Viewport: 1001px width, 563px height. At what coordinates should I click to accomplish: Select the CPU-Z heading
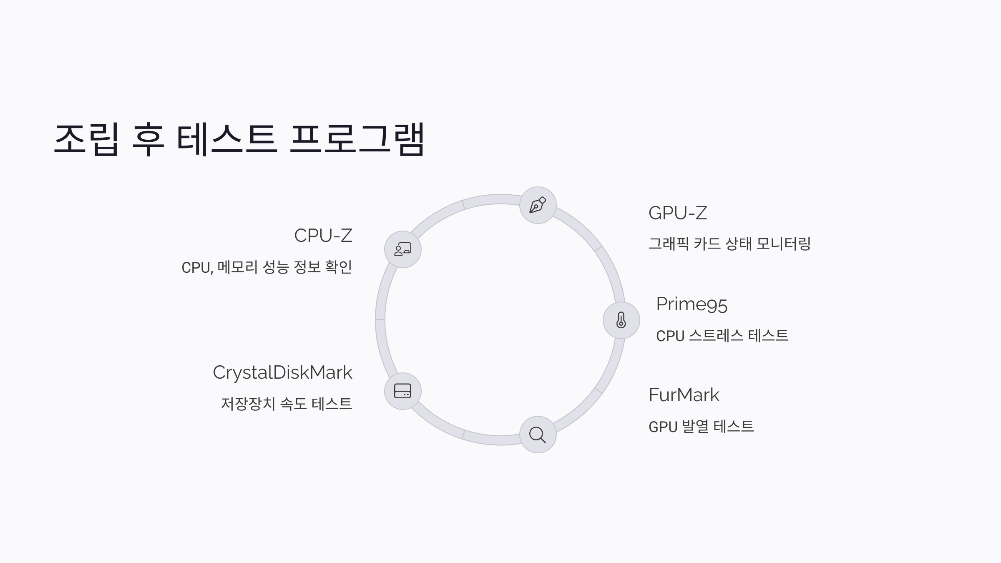pyautogui.click(x=323, y=236)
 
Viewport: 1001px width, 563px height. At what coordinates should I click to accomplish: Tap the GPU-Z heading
pyautogui.click(x=678, y=213)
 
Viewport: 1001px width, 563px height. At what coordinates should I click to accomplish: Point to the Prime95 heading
pyautogui.click(x=692, y=304)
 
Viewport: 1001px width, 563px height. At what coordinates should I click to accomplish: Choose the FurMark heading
pyautogui.click(x=684, y=395)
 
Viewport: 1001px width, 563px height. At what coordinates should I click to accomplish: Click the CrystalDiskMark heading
pyautogui.click(x=282, y=372)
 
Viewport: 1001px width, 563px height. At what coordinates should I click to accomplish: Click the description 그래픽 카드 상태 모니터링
pyautogui.click(x=729, y=244)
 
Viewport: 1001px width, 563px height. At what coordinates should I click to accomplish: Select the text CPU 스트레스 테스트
pyautogui.click(x=722, y=336)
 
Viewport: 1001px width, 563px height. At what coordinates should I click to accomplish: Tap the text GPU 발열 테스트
pyautogui.click(x=701, y=427)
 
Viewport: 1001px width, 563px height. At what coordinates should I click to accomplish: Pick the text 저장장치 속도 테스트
pyautogui.click(x=287, y=404)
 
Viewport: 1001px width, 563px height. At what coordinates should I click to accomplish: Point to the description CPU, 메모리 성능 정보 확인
pyautogui.click(x=267, y=267)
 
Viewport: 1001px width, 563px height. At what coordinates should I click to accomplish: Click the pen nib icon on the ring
pyautogui.click(x=538, y=205)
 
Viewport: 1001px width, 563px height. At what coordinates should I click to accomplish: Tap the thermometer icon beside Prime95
pyautogui.click(x=621, y=320)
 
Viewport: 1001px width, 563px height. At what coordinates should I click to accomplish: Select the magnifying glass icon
pyautogui.click(x=538, y=435)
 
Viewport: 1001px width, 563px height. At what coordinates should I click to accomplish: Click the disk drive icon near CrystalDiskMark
pyautogui.click(x=402, y=391)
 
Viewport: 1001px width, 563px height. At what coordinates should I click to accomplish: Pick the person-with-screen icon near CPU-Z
pyautogui.click(x=402, y=249)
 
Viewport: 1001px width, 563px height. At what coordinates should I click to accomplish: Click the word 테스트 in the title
pyautogui.click(x=226, y=139)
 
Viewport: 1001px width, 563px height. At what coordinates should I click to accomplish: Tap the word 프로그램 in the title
pyautogui.click(x=357, y=139)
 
